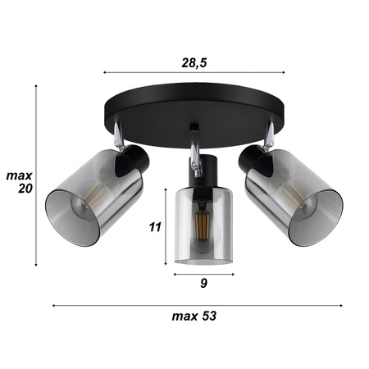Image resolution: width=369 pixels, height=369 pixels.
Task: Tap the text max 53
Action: [x=194, y=315]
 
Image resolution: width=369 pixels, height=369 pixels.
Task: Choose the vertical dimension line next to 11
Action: [x=168, y=225]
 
